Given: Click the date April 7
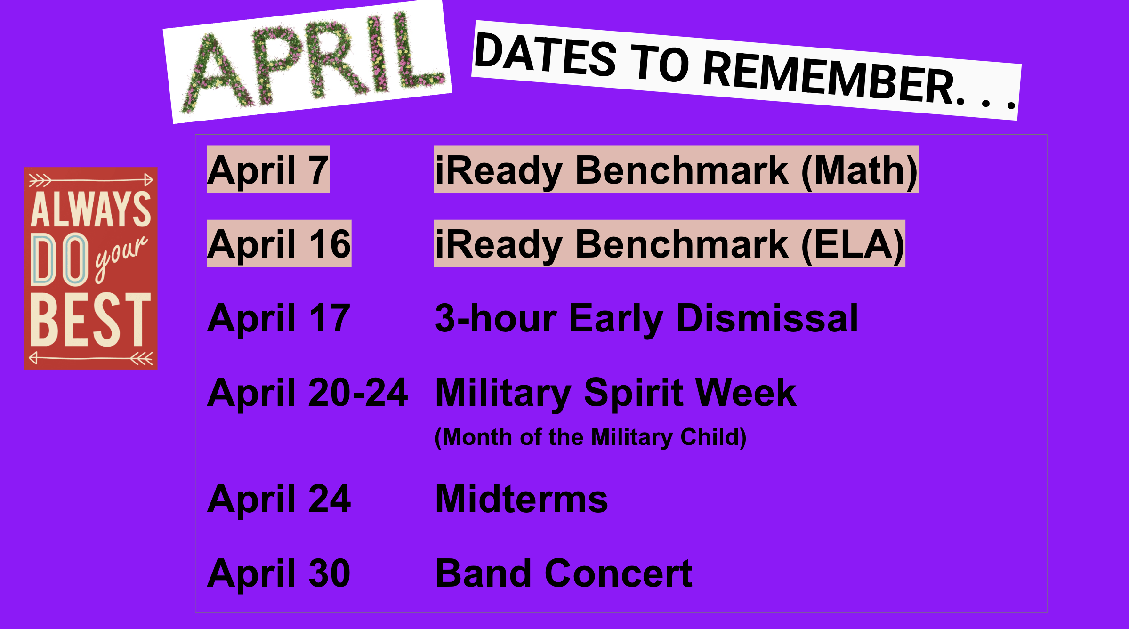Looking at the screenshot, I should pos(267,170).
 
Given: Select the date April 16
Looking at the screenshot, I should pos(279,244).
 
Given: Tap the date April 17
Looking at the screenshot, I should pos(279,318).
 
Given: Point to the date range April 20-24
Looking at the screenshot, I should pos(307,393).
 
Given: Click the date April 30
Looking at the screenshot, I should pos(279,573).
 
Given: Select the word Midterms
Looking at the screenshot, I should pos(521,499).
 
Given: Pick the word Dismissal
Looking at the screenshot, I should pos(767,318).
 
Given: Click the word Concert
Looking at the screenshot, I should pos(618,573).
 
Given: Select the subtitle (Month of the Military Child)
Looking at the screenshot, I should pos(590,437).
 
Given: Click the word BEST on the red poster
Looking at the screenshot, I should pos(90,320).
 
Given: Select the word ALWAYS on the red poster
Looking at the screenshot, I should pos(90,210).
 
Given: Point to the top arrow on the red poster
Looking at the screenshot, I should pos(90,180).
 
